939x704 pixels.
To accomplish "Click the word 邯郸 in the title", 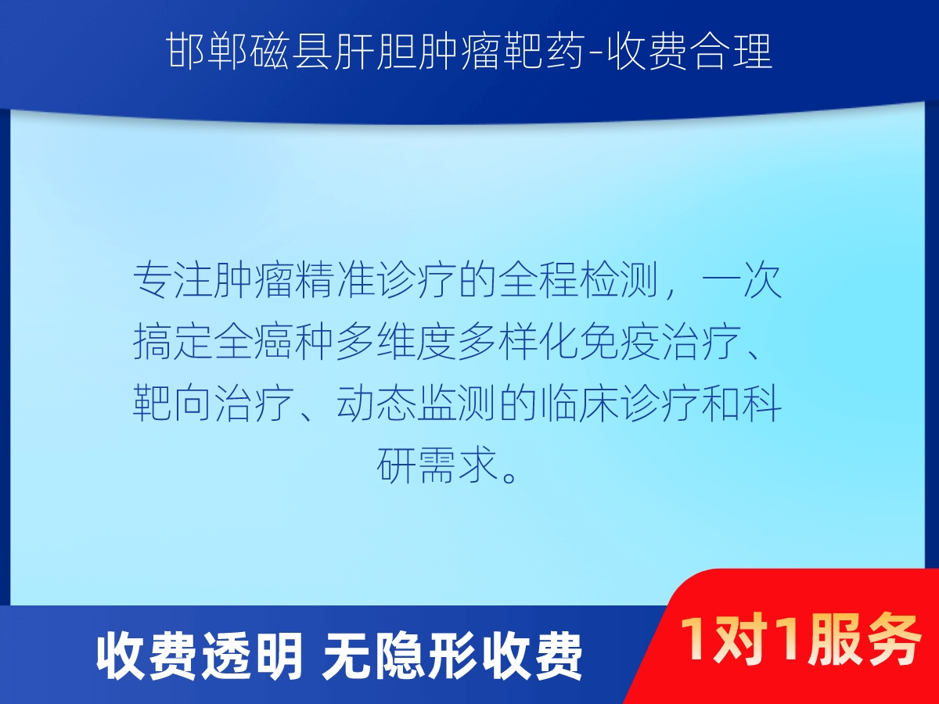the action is (x=207, y=52).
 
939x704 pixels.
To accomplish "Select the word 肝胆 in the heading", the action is (x=375, y=52).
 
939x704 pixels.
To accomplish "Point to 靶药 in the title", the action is (x=543, y=52).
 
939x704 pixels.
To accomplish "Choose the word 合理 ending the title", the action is (x=732, y=52).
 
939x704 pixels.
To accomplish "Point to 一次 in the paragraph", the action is (x=743, y=280).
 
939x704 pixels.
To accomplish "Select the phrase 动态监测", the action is (x=416, y=404).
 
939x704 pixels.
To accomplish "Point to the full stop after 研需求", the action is (x=509, y=476).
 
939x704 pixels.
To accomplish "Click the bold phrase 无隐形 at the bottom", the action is (x=400, y=657).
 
